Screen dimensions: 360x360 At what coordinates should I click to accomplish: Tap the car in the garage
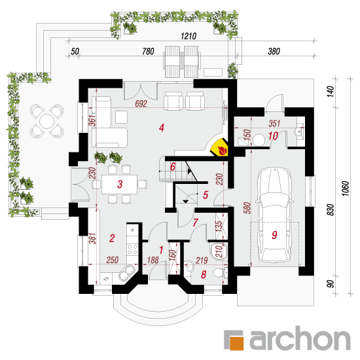tap(275, 215)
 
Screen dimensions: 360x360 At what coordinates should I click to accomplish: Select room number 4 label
tap(162, 128)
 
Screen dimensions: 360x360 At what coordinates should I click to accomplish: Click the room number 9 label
tap(274, 235)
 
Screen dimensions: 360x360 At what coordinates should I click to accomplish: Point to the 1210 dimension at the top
tap(189, 36)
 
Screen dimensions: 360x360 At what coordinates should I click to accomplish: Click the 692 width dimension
tap(141, 103)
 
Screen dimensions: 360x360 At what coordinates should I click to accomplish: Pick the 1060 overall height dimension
tap(346, 189)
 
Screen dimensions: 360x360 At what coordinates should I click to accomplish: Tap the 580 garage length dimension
tap(247, 207)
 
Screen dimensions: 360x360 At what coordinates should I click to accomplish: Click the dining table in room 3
tap(119, 185)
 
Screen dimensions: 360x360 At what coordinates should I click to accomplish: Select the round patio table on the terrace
tap(46, 121)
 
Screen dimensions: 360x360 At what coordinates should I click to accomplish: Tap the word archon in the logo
tap(300, 339)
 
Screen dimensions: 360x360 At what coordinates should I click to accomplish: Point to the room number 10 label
tap(273, 136)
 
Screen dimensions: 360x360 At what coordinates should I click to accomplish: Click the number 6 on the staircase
tap(173, 167)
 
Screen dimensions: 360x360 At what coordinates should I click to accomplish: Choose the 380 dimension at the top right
tap(274, 51)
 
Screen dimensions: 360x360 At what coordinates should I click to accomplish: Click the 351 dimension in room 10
tap(274, 124)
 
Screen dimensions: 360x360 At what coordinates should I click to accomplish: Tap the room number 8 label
tap(204, 275)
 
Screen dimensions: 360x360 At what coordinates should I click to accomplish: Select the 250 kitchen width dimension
tap(113, 260)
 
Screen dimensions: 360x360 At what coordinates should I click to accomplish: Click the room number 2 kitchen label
tap(112, 238)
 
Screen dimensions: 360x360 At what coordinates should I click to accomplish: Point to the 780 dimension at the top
tap(148, 51)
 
